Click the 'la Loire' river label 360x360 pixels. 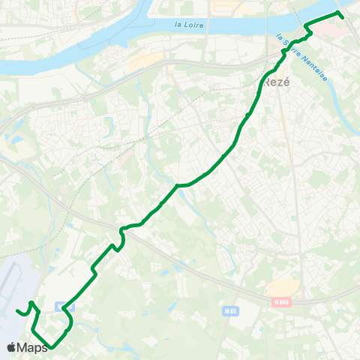click(x=189, y=25)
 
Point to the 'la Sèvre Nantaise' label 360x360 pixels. click(x=304, y=57)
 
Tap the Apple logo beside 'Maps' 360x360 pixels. click(x=11, y=347)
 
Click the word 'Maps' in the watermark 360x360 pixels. click(x=33, y=347)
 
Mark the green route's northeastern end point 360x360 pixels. click(x=341, y=16)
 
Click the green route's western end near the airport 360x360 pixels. click(x=17, y=311)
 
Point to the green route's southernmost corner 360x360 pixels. click(x=51, y=348)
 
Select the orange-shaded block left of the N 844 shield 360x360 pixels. click(x=283, y=288)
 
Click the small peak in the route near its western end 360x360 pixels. click(x=31, y=303)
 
